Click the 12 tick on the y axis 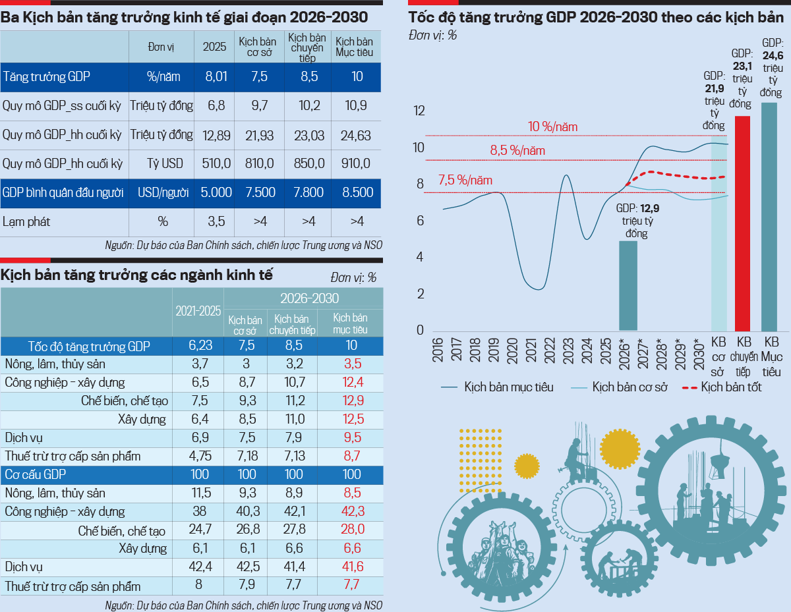click(419, 111)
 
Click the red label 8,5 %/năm click(517, 151)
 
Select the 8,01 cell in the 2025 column click(216, 77)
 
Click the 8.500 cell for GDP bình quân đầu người click(357, 193)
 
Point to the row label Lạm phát click(26, 222)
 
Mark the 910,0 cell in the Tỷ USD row click(357, 164)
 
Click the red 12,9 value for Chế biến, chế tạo click(351, 401)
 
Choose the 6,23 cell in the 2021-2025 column click(198, 346)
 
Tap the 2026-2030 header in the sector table click(303, 298)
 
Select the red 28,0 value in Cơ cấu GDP click(351, 530)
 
